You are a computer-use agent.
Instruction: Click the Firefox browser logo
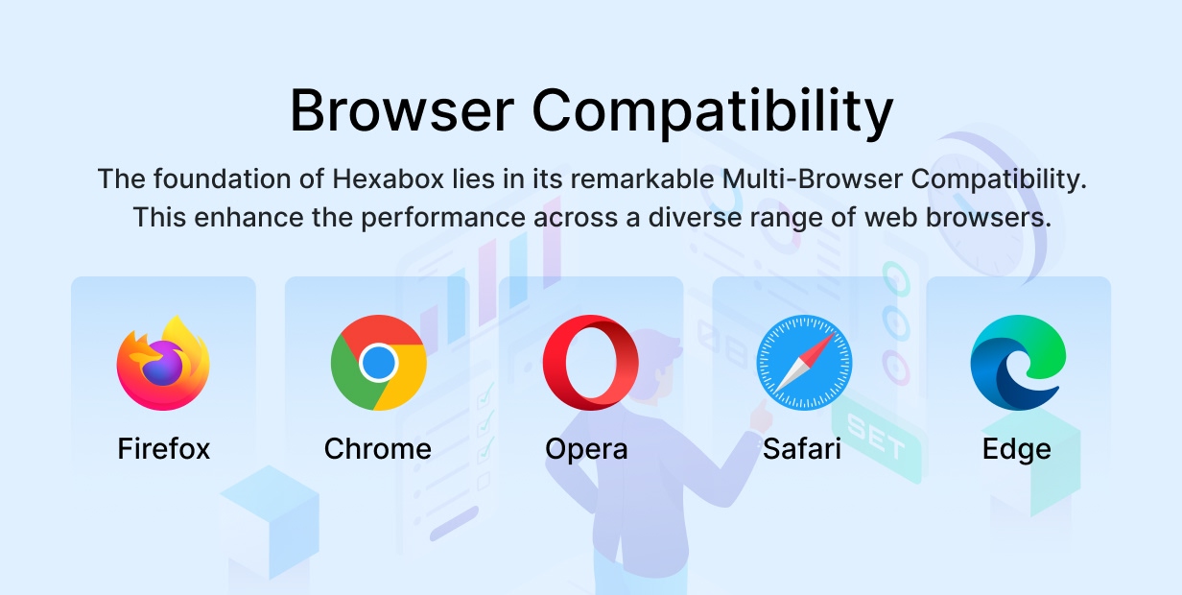pyautogui.click(x=163, y=363)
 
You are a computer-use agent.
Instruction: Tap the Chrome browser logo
pyautogui.click(x=378, y=363)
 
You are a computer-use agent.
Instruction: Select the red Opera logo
pyautogui.click(x=590, y=363)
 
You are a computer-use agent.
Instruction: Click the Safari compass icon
pyautogui.click(x=804, y=363)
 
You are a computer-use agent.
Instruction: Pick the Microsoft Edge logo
pyautogui.click(x=1018, y=363)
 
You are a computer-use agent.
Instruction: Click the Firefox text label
pyautogui.click(x=163, y=449)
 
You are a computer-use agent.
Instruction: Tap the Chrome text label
pyautogui.click(x=378, y=449)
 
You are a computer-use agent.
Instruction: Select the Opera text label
pyautogui.click(x=586, y=450)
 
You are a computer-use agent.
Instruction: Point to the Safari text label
pyautogui.click(x=801, y=449)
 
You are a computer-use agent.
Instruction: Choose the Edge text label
pyautogui.click(x=1016, y=450)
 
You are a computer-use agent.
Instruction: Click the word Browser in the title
pyautogui.click(x=402, y=111)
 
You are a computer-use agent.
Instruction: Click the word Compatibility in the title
pyautogui.click(x=712, y=113)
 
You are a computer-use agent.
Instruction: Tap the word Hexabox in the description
pyautogui.click(x=388, y=178)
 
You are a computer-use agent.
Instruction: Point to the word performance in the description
pyautogui.click(x=443, y=219)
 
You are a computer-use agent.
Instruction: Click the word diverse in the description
pyautogui.click(x=695, y=218)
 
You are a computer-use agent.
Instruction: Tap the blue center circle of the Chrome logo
pyautogui.click(x=378, y=363)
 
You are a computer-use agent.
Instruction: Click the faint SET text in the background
pyautogui.click(x=876, y=437)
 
